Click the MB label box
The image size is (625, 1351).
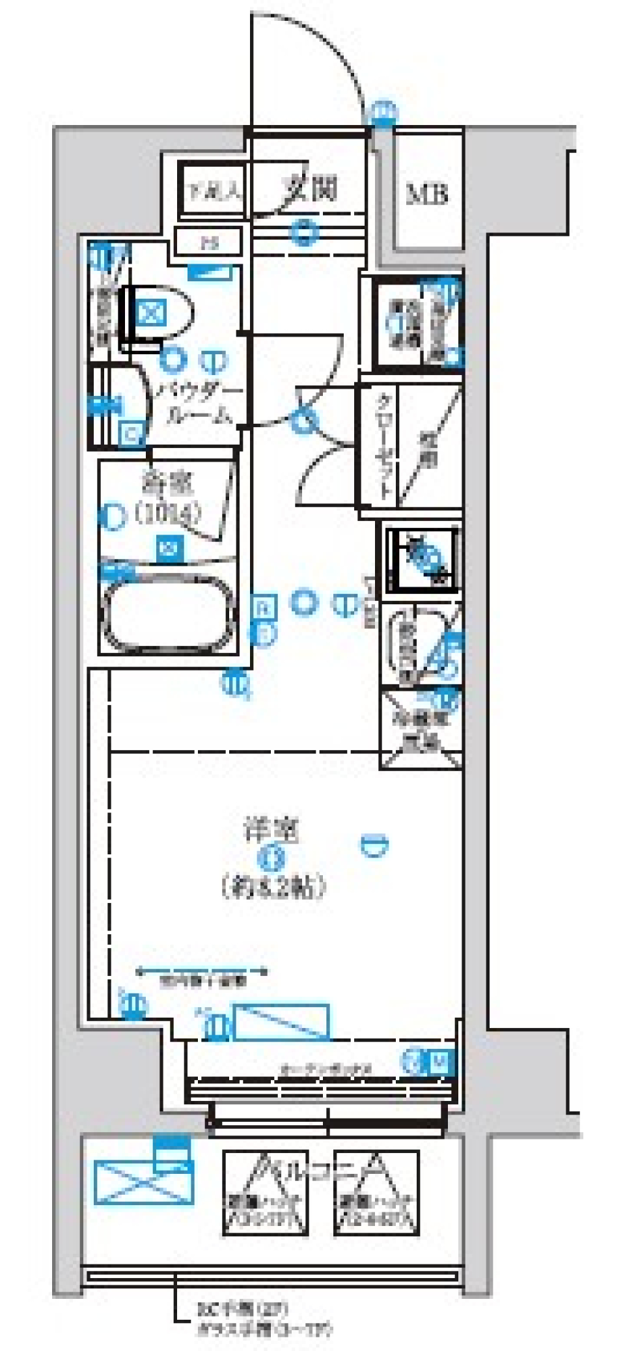tap(427, 193)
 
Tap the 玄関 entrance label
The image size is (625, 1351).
tap(309, 189)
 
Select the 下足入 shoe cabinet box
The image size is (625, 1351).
tap(213, 191)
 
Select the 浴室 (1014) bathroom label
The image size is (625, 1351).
tap(167, 498)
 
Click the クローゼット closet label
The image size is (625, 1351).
tap(385, 445)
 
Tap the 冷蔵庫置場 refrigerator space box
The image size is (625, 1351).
tap(421, 730)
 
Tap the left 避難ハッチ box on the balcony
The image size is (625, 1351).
tap(265, 1193)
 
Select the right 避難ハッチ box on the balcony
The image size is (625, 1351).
tap(376, 1193)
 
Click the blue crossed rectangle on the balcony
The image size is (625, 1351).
tap(144, 1181)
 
